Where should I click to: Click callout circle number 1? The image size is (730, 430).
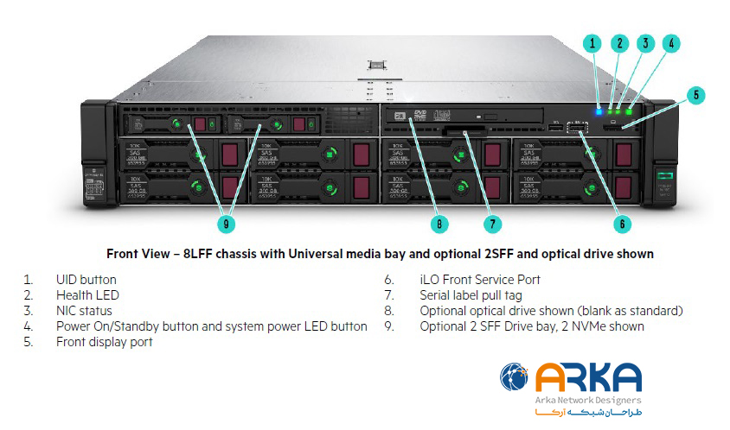tap(592, 42)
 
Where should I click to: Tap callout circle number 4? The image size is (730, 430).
tap(672, 42)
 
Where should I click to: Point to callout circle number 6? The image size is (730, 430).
tap(621, 223)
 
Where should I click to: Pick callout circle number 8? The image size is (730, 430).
tap(439, 223)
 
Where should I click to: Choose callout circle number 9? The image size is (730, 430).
tap(227, 223)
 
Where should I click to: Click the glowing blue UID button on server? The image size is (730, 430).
tap(599, 111)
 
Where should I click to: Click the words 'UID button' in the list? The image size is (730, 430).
tap(86, 280)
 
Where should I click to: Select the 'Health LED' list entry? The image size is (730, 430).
tap(87, 295)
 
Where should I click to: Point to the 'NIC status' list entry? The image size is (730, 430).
tap(84, 311)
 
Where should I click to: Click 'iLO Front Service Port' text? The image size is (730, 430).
tap(480, 280)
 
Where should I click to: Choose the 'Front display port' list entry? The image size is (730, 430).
tap(104, 342)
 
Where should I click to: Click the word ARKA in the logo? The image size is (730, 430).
tap(588, 378)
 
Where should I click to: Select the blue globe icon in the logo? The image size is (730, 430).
tap(515, 380)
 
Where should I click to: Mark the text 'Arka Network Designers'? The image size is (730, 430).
tap(588, 400)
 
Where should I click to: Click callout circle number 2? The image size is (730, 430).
tap(618, 42)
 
